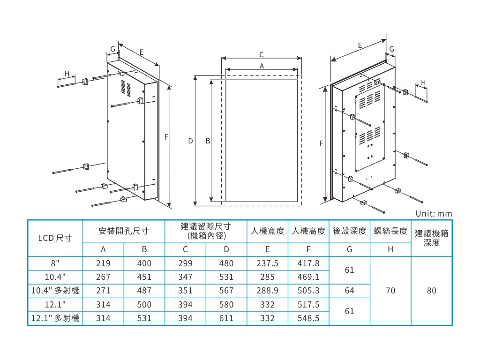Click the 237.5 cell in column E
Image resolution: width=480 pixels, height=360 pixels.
267,264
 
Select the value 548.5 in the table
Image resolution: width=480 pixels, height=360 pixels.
308,318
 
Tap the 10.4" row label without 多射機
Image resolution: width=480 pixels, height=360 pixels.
55,277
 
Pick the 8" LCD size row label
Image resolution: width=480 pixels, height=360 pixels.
55,264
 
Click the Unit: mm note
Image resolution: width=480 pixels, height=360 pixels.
434,214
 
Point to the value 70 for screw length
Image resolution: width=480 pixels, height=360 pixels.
390,291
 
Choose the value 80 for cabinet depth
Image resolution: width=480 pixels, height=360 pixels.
432,291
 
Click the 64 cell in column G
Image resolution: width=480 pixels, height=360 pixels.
349,291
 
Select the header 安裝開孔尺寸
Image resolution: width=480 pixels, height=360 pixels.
124,231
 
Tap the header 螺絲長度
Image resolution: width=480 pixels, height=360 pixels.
390,231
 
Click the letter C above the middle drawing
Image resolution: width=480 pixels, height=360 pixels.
262,54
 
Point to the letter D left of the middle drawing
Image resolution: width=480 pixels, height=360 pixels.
190,141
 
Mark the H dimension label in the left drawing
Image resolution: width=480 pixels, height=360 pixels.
67,74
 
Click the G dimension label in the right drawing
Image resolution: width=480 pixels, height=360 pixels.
392,49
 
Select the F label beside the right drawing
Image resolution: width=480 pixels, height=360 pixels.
321,143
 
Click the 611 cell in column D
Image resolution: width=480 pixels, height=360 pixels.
226,318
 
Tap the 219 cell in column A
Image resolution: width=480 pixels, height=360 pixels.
103,264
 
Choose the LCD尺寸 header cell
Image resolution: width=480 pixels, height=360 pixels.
55,238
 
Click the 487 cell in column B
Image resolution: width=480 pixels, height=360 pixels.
144,291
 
